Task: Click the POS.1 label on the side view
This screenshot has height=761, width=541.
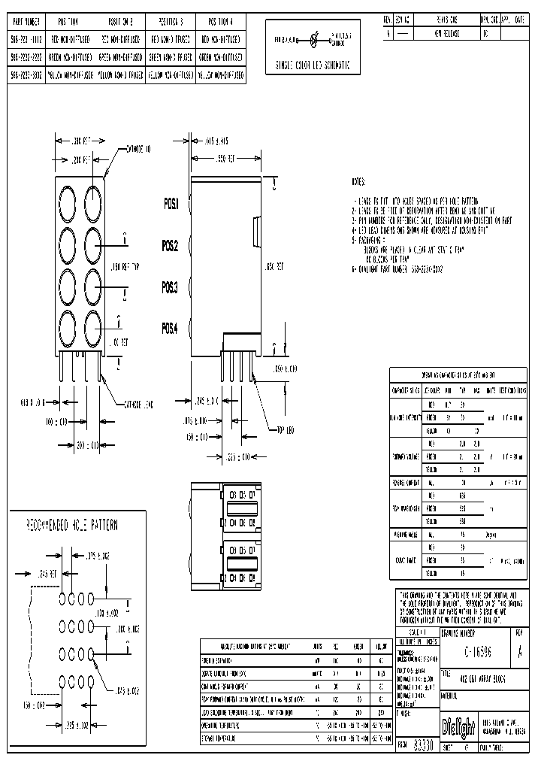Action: [x=171, y=204]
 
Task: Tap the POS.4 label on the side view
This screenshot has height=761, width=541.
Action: [x=171, y=328]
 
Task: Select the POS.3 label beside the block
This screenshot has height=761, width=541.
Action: [x=171, y=287]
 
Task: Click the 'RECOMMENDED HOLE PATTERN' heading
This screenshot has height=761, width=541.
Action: [x=73, y=524]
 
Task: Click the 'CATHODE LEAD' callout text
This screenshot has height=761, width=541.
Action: [x=138, y=405]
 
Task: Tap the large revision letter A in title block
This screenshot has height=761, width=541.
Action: [x=519, y=653]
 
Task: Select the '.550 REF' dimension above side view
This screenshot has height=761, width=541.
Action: [x=225, y=159]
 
